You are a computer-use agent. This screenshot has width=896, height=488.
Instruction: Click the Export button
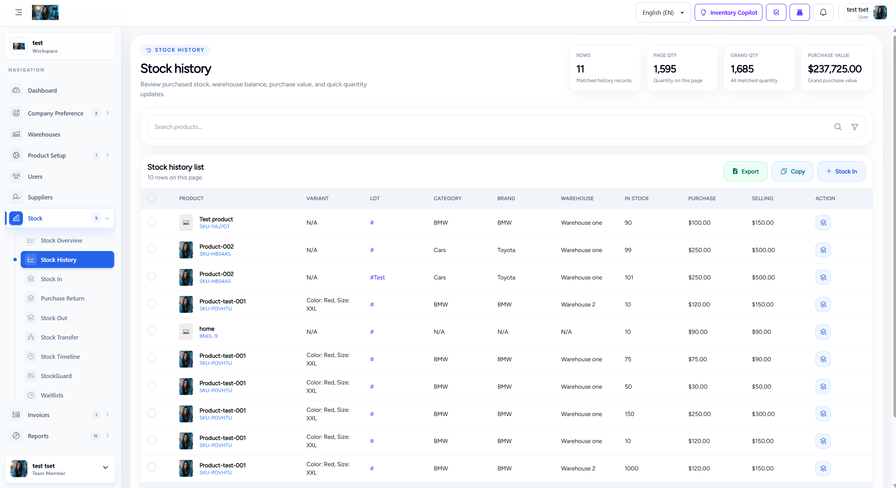point(745,171)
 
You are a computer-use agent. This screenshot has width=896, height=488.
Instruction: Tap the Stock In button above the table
point(841,171)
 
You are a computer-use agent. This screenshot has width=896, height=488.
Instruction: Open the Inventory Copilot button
point(728,13)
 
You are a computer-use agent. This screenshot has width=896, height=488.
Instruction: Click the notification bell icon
point(823,13)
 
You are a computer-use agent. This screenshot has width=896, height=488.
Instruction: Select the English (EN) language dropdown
point(663,13)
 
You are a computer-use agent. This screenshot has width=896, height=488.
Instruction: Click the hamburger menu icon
point(19,13)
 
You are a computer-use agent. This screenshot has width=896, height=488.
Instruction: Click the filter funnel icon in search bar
point(855,127)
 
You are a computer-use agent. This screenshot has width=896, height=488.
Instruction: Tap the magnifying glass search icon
point(838,127)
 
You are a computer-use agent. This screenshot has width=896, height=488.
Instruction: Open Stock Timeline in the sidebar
point(60,357)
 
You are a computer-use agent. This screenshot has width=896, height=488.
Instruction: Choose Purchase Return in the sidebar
point(63,298)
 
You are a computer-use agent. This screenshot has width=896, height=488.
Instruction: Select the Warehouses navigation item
point(44,134)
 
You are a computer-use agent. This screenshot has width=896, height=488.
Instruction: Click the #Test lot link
point(377,277)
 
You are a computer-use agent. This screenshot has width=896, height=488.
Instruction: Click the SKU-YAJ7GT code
point(215,226)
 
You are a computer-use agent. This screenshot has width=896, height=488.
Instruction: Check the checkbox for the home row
point(152,331)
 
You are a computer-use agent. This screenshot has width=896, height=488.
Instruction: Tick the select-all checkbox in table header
point(152,198)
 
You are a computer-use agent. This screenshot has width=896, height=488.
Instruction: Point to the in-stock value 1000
point(631,468)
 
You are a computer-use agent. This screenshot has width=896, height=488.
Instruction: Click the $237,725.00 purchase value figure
point(835,69)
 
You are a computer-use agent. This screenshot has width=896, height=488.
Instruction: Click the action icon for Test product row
point(823,223)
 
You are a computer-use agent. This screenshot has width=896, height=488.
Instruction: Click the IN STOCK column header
point(637,198)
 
